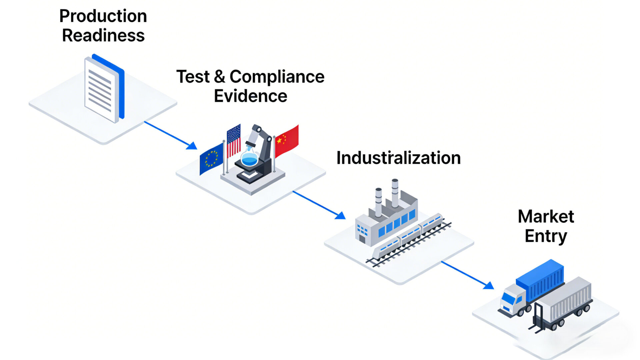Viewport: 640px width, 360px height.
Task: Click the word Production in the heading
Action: (103, 16)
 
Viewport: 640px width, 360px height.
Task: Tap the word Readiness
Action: (103, 35)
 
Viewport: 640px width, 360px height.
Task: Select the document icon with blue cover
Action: (104, 89)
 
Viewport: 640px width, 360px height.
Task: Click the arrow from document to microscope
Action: (170, 135)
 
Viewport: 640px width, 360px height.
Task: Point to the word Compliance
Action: (277, 77)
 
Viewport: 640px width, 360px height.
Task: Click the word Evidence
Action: (250, 96)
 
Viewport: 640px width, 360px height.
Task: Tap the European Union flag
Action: (211, 158)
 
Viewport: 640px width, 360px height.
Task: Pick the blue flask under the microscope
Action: (249, 158)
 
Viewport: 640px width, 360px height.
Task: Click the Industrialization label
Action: (398, 158)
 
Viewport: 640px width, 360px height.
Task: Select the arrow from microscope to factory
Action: (318, 205)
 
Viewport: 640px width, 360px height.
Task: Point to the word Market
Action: (546, 217)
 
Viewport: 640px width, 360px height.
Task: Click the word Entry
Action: (546, 236)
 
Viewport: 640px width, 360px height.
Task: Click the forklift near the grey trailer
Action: (537, 319)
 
